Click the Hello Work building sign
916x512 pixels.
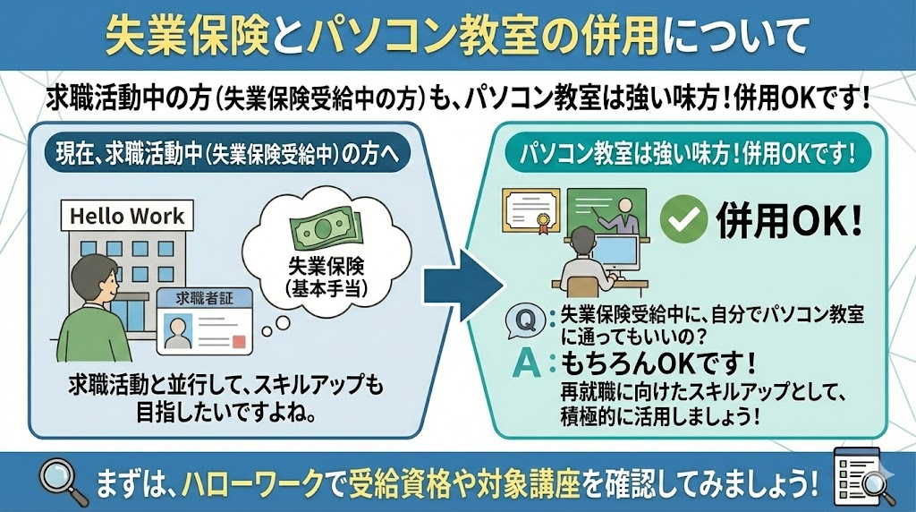point(126,216)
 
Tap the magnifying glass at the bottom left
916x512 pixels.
point(63,482)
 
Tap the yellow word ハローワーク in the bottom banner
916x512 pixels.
point(250,483)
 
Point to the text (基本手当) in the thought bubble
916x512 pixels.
point(321,288)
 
